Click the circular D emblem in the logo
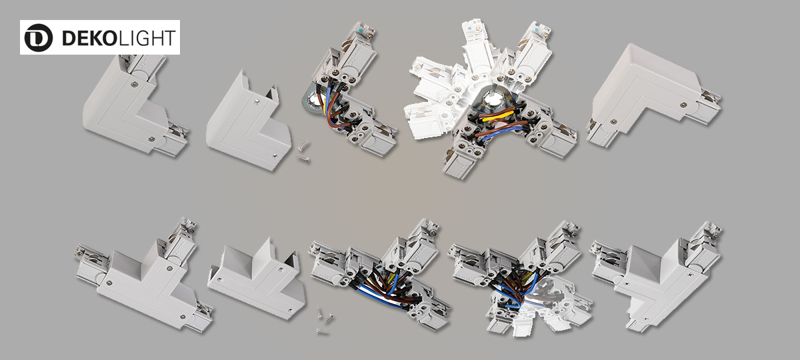click(38, 37)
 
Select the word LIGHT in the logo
click(147, 38)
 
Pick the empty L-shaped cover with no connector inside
click(249, 121)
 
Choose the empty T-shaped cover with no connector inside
click(257, 279)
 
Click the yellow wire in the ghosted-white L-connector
click(497, 116)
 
